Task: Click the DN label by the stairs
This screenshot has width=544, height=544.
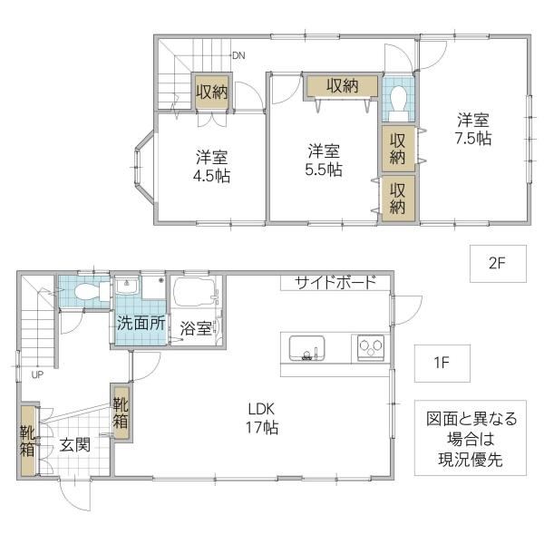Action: coord(238,55)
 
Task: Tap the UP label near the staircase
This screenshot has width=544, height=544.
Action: coord(37,374)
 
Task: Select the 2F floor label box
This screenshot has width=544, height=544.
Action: coord(498,264)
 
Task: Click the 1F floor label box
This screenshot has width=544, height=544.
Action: coord(442,364)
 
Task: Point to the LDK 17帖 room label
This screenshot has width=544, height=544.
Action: coord(262,418)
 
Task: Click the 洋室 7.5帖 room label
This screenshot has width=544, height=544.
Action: coord(473,129)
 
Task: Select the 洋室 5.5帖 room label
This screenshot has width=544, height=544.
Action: coord(324,160)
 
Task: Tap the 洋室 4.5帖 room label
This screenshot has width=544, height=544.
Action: coord(211,167)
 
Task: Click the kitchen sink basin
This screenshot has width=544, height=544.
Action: coord(307,348)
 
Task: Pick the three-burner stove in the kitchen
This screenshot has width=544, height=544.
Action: coord(371,347)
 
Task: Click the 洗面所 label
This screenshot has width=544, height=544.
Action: coord(141,324)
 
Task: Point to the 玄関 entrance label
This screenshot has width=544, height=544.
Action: coord(75,445)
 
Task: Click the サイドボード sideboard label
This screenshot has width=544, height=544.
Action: coord(335,282)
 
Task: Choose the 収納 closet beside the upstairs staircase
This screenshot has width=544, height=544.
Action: coord(211,92)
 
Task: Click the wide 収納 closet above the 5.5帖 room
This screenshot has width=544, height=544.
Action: coord(342,85)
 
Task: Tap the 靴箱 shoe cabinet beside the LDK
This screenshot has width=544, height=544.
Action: coord(121,413)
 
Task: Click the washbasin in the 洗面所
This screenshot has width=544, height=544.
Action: coord(127,286)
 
